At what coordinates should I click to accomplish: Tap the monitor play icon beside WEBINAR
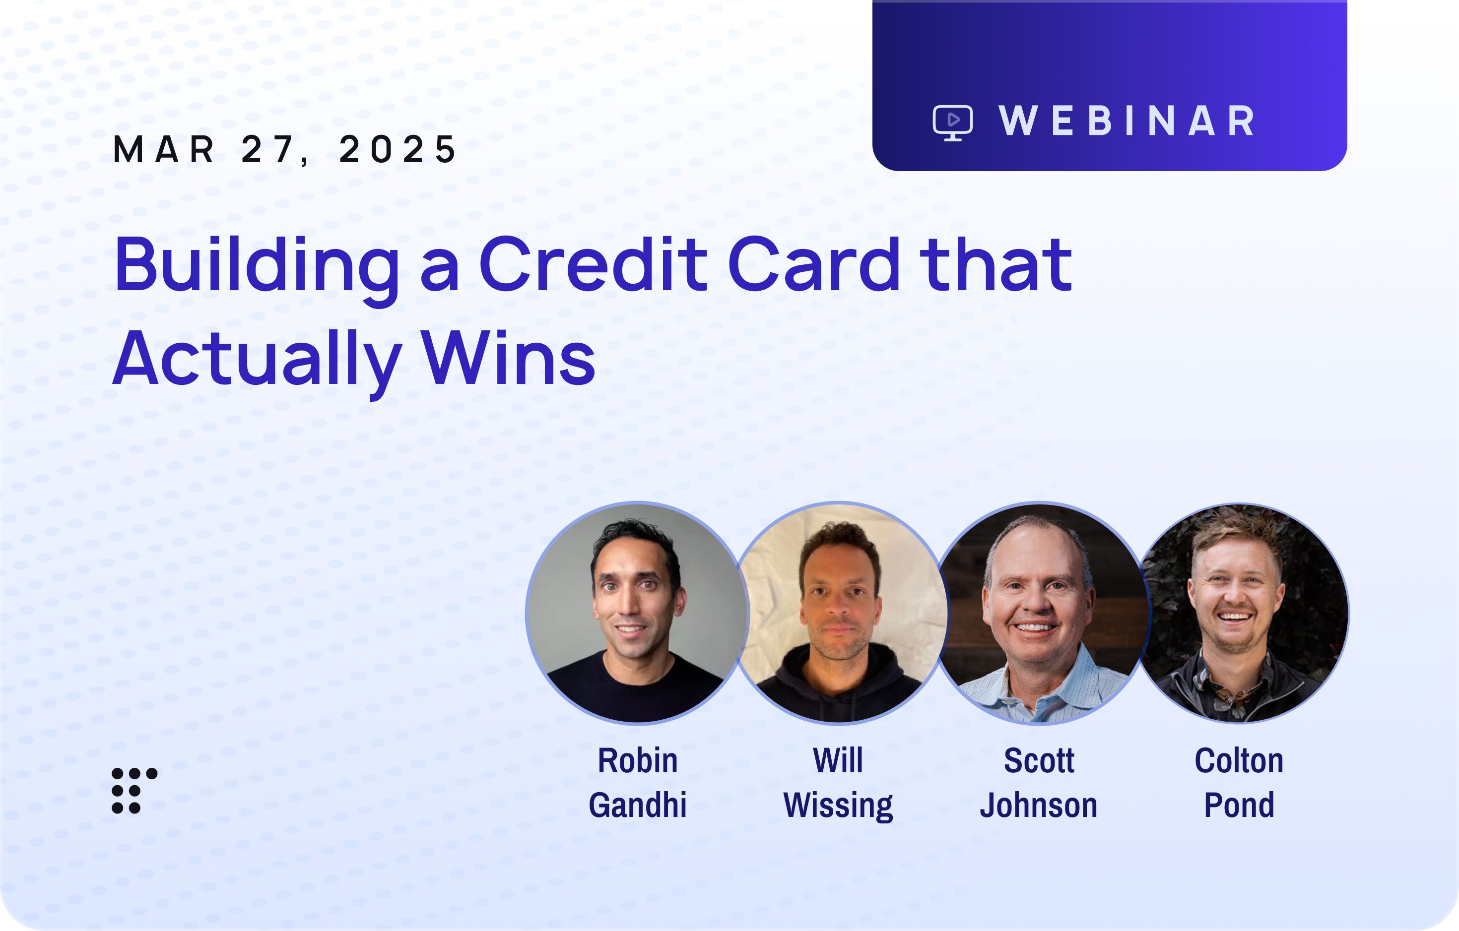(953, 123)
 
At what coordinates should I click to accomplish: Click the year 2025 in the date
(398, 149)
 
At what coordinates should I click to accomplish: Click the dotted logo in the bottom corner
(134, 791)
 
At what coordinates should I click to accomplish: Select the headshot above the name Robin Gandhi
(637, 613)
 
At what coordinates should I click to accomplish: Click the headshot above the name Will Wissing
(839, 613)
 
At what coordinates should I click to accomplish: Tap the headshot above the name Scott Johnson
(1039, 613)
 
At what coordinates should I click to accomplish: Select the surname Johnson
(1039, 805)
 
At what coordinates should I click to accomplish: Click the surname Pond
(1239, 805)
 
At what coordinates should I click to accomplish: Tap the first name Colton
(1239, 760)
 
